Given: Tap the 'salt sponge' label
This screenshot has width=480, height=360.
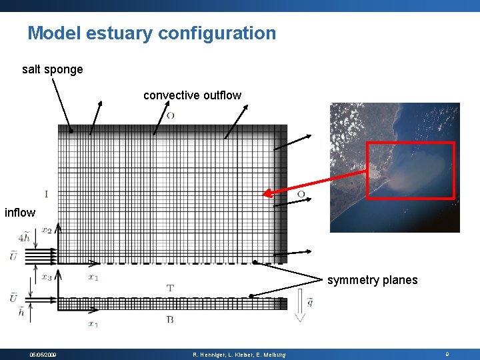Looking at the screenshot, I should tap(53, 69).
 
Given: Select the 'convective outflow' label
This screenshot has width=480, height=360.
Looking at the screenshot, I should tap(192, 95).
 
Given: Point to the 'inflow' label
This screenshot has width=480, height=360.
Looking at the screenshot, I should tap(20, 213).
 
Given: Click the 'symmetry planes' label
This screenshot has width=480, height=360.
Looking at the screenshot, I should tap(372, 280).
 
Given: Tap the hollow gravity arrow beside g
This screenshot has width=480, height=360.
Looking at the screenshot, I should tap(299, 309).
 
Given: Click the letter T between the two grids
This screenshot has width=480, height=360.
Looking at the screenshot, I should tap(170, 288).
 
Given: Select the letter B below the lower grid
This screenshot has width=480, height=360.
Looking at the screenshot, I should tap(170, 320).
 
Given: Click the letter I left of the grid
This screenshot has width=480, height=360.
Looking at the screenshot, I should tap(46, 194).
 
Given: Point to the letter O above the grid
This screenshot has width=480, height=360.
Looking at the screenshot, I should tap(171, 115).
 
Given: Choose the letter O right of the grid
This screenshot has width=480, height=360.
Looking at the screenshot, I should tap(301, 194).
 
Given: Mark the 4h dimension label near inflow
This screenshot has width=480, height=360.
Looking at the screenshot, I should tap(24, 237).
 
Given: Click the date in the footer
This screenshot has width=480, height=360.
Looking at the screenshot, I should tap(43, 355).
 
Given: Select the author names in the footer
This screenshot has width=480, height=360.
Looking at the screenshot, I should tap(239, 355).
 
